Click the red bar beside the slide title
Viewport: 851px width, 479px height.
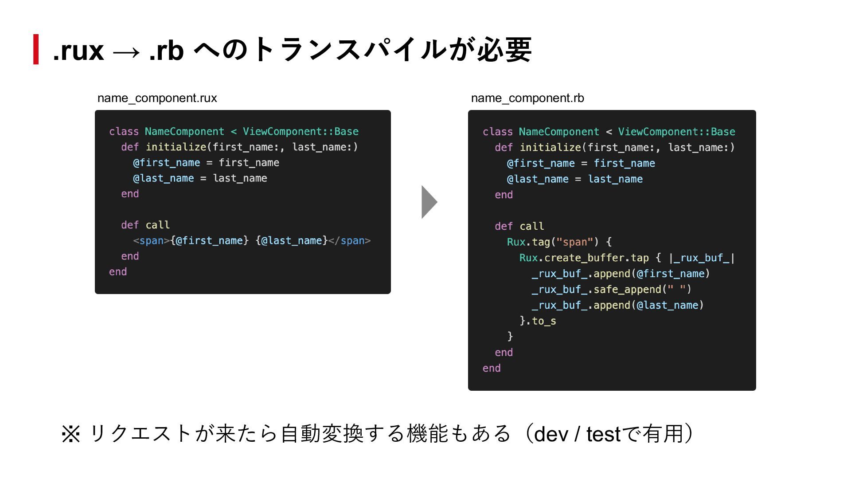coord(36,49)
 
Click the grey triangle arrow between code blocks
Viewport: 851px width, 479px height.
coord(428,202)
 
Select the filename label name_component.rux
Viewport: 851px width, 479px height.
coord(157,98)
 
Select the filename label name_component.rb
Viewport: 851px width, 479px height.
coord(527,98)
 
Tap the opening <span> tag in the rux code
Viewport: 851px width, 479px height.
coord(151,241)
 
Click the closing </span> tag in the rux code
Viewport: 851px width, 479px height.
coord(350,241)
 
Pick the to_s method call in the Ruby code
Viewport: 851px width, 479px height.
coord(543,321)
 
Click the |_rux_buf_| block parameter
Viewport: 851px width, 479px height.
coord(702,258)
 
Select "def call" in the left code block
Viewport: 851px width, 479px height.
coord(145,225)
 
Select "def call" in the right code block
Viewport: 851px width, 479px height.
coord(519,227)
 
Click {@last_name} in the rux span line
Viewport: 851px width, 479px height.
coord(292,241)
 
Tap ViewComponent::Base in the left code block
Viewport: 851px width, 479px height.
coord(301,132)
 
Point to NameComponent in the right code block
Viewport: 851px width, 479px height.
coord(558,132)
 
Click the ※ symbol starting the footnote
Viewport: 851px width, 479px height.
coord(71,434)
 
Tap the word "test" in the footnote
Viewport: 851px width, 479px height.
coord(603,434)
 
